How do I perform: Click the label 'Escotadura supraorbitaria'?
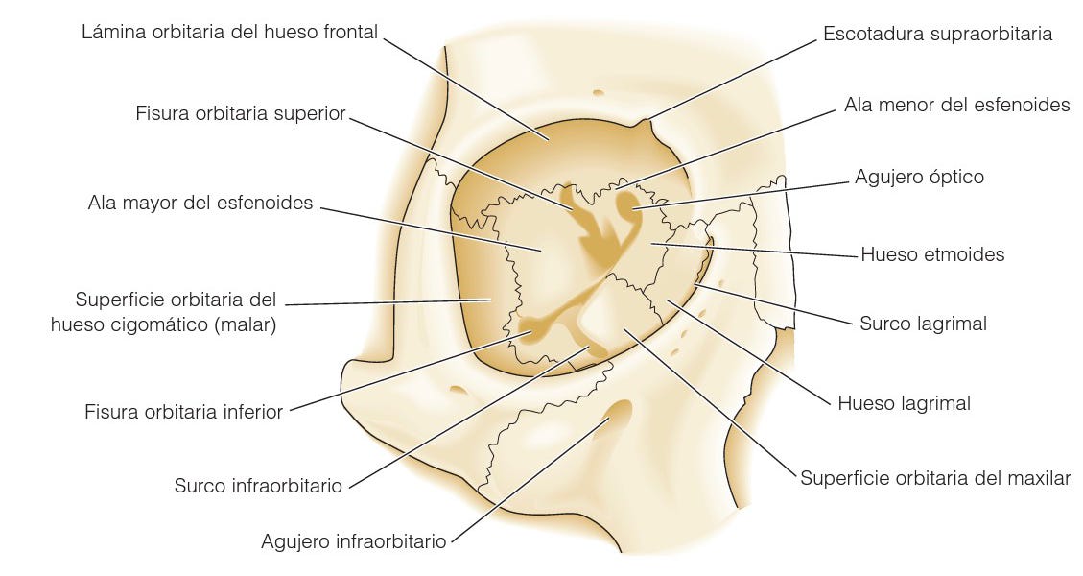(x=937, y=35)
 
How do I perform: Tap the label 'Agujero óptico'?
(x=919, y=177)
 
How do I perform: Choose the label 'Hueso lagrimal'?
(x=904, y=403)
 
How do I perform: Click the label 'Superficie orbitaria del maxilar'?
(x=935, y=477)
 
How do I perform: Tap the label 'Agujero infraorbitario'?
(x=353, y=541)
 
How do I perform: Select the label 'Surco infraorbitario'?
(x=258, y=486)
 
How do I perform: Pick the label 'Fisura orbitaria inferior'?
(x=183, y=412)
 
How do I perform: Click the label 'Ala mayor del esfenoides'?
(x=200, y=204)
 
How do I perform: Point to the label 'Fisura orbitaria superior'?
(x=240, y=113)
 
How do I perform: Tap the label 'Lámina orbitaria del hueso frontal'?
(x=230, y=33)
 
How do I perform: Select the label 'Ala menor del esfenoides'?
(x=956, y=105)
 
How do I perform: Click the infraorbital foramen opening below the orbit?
(x=617, y=415)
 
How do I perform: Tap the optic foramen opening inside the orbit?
(x=628, y=202)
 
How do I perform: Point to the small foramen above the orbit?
(x=598, y=93)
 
